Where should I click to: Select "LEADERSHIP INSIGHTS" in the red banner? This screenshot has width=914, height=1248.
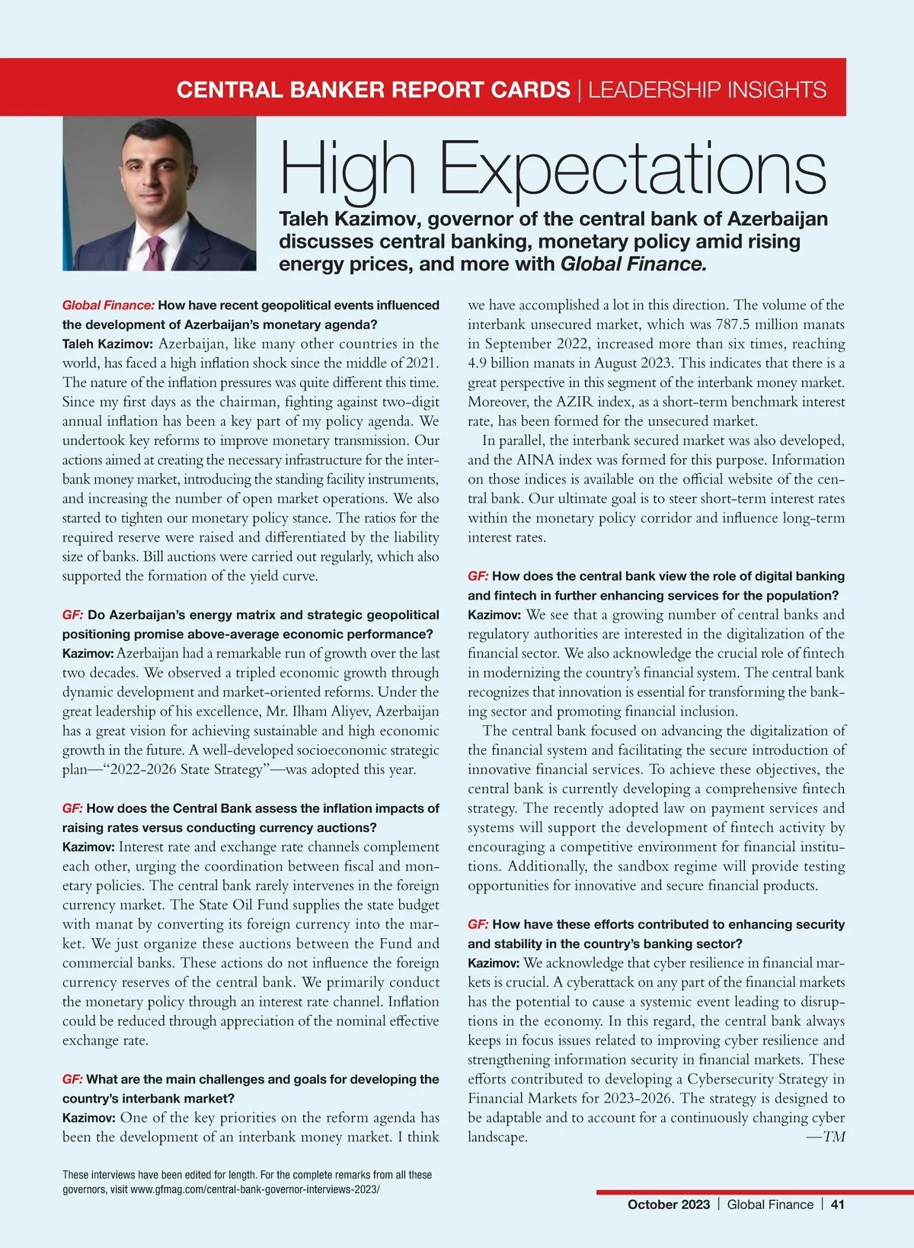[707, 90]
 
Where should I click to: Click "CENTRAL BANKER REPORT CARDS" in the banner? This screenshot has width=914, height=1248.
[373, 90]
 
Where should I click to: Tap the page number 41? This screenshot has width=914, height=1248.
[838, 1205]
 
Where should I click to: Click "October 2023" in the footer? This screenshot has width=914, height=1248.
[668, 1205]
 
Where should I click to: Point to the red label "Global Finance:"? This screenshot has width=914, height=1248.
[108, 306]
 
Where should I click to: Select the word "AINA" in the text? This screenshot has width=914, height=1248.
[535, 460]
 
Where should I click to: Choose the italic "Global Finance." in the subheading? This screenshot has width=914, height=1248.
[634, 264]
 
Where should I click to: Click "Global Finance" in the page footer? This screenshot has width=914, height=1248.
[770, 1205]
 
